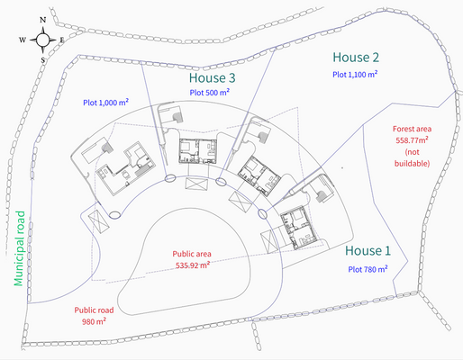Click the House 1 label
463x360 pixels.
[368, 250]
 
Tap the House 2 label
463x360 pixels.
[355, 56]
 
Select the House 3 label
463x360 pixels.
[212, 77]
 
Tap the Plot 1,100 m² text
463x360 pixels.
[355, 74]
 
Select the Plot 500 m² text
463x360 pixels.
[210, 92]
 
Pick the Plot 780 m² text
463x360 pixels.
[368, 268]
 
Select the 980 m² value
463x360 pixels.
[94, 320]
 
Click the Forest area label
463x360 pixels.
[412, 129]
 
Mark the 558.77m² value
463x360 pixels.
[412, 140]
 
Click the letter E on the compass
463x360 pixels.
[62, 40]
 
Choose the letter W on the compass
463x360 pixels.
[22, 40]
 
